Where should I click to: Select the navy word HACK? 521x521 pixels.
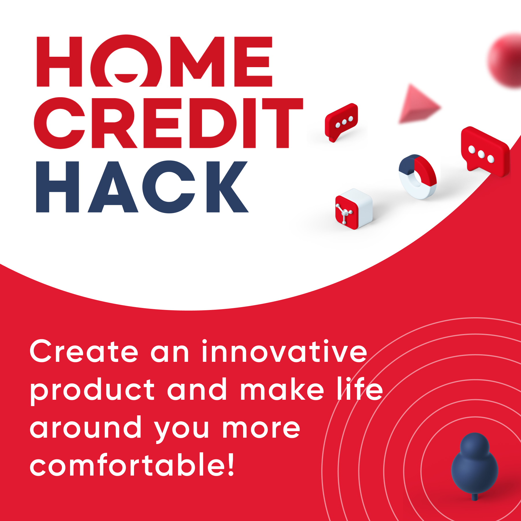(x=142, y=187)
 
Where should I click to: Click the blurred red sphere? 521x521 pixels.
(x=505, y=60)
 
